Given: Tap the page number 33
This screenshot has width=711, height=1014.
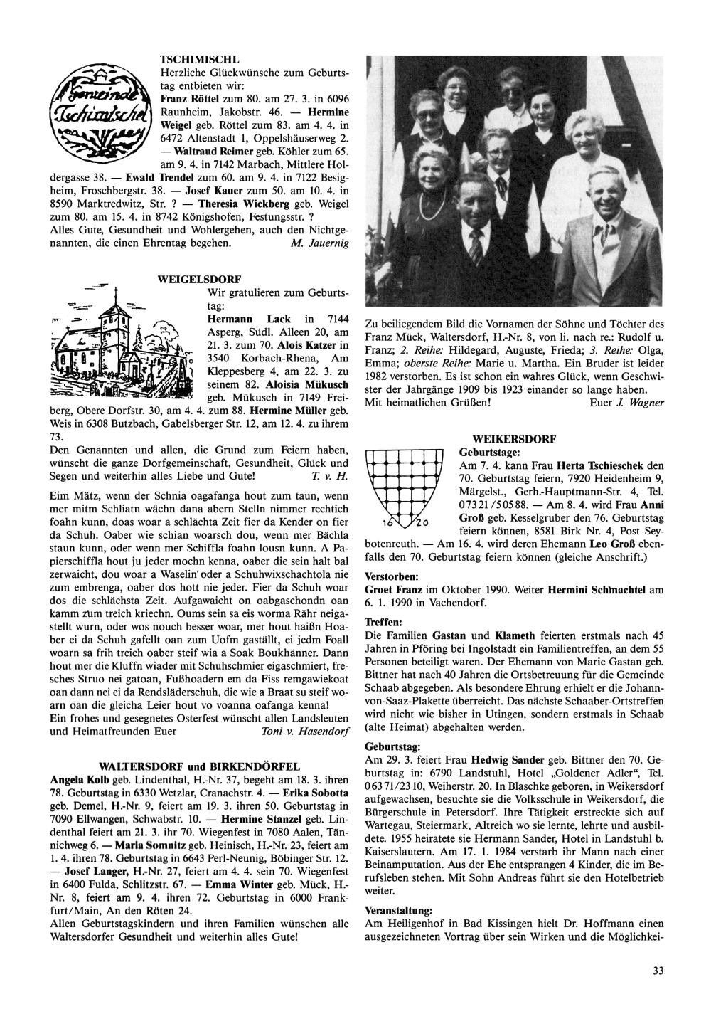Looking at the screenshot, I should click(x=657, y=971).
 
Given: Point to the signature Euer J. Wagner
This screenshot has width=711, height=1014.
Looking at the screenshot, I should click(x=627, y=403).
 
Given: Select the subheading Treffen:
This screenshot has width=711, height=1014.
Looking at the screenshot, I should click(x=383, y=621).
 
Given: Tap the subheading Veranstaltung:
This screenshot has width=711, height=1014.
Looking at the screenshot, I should click(x=397, y=910).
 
